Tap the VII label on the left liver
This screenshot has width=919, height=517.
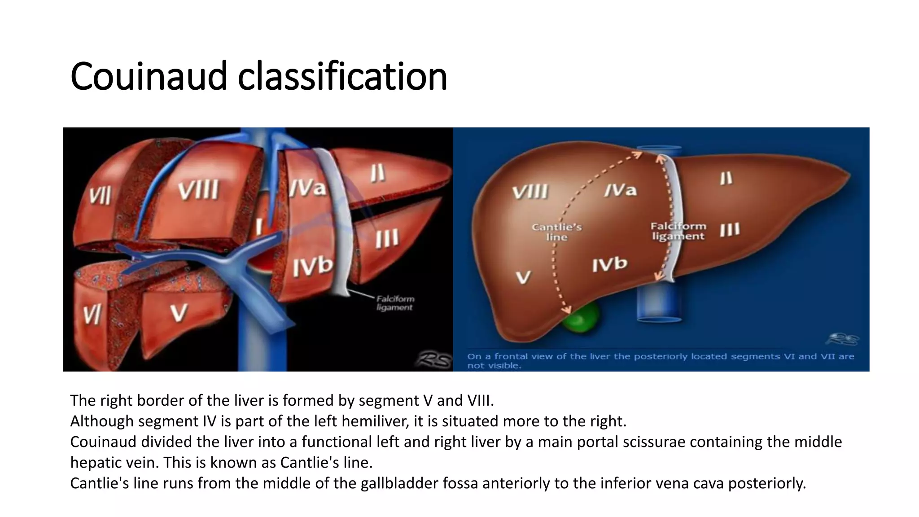pyautogui.click(x=100, y=196)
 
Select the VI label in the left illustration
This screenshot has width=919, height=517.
pyautogui.click(x=92, y=314)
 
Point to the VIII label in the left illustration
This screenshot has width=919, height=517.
pyautogui.click(x=198, y=190)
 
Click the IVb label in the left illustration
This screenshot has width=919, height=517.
pyautogui.click(x=313, y=266)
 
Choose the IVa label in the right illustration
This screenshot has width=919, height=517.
pyautogui.click(x=620, y=190)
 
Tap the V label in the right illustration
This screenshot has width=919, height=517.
pyautogui.click(x=523, y=277)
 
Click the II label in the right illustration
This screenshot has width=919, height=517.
pyautogui.click(x=726, y=179)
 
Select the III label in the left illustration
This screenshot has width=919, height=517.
pyautogui.click(x=387, y=238)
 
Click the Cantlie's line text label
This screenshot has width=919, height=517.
pyautogui.click(x=556, y=232)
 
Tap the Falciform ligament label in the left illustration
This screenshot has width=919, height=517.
pyautogui.click(x=395, y=303)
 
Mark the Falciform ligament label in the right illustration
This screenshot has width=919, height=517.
pyautogui.click(x=678, y=231)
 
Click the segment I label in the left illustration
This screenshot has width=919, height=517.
pyautogui.click(x=259, y=227)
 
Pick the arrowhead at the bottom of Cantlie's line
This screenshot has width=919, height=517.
pyautogui.click(x=567, y=310)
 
